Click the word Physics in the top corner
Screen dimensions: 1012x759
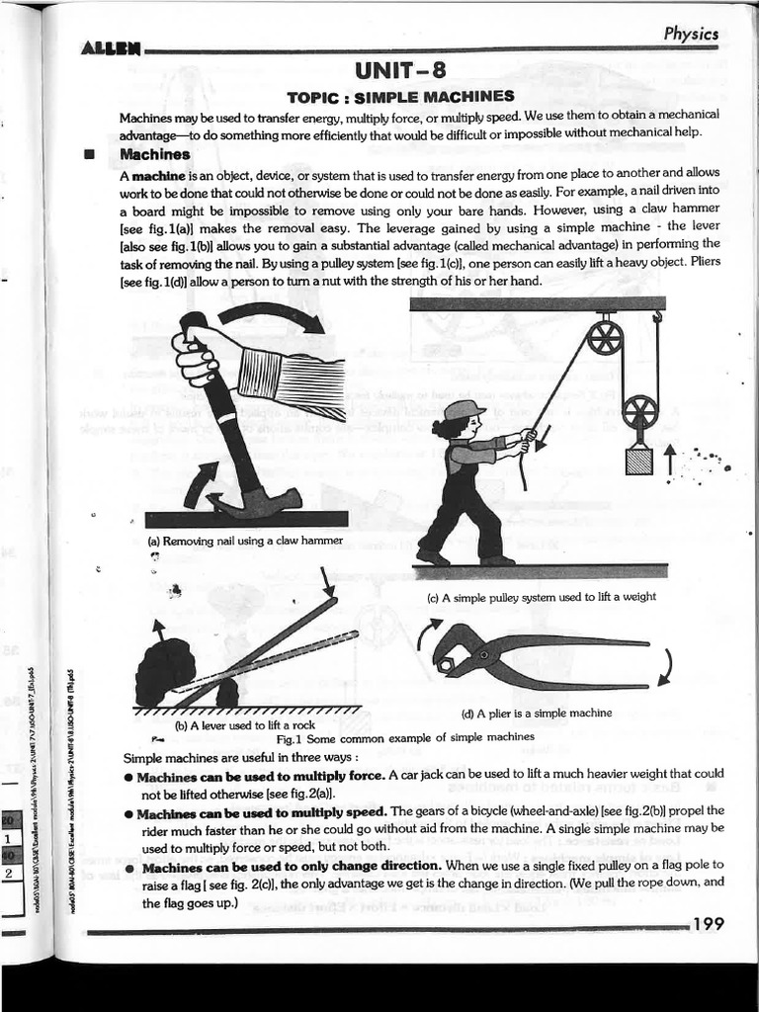click(690, 34)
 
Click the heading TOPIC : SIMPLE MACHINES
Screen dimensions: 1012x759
click(399, 96)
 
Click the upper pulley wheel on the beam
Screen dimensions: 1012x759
click(604, 339)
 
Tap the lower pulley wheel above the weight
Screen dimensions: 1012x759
click(640, 412)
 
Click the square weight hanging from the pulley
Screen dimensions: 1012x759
click(639, 459)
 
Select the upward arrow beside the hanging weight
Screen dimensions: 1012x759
click(671, 458)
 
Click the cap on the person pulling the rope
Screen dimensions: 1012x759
click(463, 409)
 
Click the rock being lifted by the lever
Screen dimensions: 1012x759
click(165, 673)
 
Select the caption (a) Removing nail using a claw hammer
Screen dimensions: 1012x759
click(244, 541)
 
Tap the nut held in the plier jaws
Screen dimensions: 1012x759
click(446, 665)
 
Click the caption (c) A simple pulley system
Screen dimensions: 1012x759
click(541, 597)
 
